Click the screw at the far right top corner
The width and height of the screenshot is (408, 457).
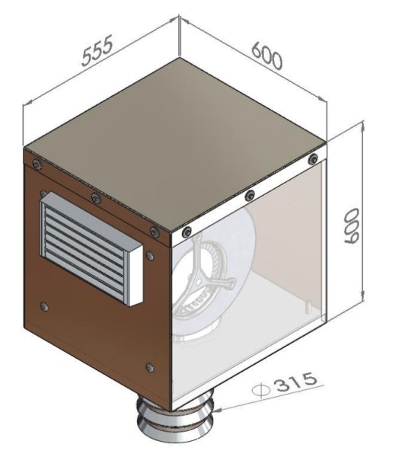(313, 158)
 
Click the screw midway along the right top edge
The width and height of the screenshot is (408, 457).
(249, 196)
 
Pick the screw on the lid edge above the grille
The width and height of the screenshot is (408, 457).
(94, 198)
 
